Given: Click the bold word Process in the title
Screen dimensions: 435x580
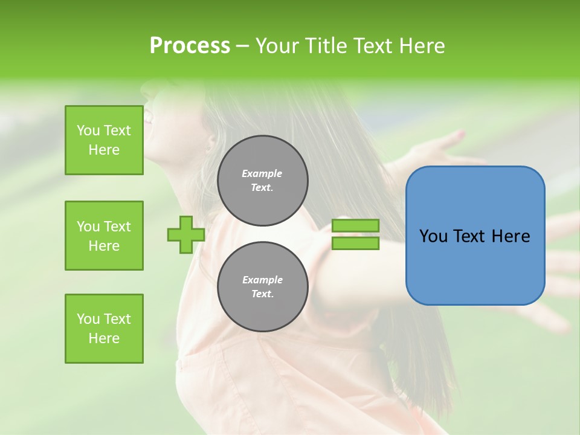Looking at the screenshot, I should [190, 46].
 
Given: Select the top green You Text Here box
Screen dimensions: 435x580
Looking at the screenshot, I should [104, 140].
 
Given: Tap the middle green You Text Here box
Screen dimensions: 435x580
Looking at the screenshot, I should [104, 236].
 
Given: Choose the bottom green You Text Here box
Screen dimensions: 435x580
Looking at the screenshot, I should [104, 329].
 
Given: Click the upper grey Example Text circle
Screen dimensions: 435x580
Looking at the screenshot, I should [262, 181].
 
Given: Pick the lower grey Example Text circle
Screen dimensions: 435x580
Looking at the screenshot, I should [262, 287].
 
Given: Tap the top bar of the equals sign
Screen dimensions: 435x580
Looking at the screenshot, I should [355, 226].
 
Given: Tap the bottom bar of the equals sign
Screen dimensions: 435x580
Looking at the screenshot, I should [355, 243].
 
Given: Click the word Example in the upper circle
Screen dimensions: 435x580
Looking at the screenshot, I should [262, 173].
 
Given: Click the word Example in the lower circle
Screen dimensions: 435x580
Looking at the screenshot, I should [262, 280].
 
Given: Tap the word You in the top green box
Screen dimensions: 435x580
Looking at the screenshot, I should [88, 130].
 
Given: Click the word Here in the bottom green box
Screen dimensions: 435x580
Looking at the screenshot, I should [104, 338].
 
